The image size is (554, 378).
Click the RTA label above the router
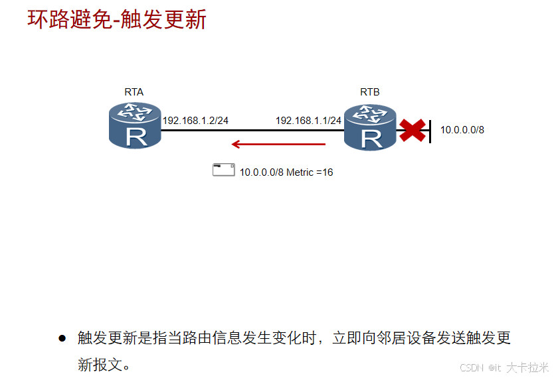click(134, 92)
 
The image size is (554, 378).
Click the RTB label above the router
click(370, 92)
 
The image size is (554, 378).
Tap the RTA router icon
click(136, 125)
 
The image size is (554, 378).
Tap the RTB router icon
click(371, 127)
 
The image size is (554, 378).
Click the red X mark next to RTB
click(413, 130)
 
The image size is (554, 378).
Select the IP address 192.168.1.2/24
click(195, 121)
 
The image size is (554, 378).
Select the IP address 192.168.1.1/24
click(308, 121)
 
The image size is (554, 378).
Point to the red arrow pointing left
click(278, 144)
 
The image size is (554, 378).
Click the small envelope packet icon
click(224, 170)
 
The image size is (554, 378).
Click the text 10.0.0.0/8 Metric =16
click(286, 172)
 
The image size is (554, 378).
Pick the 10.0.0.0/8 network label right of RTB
click(462, 130)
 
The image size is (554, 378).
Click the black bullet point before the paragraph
click(62, 338)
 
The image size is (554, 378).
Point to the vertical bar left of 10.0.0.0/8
click(430, 131)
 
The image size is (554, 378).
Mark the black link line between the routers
click(252, 130)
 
